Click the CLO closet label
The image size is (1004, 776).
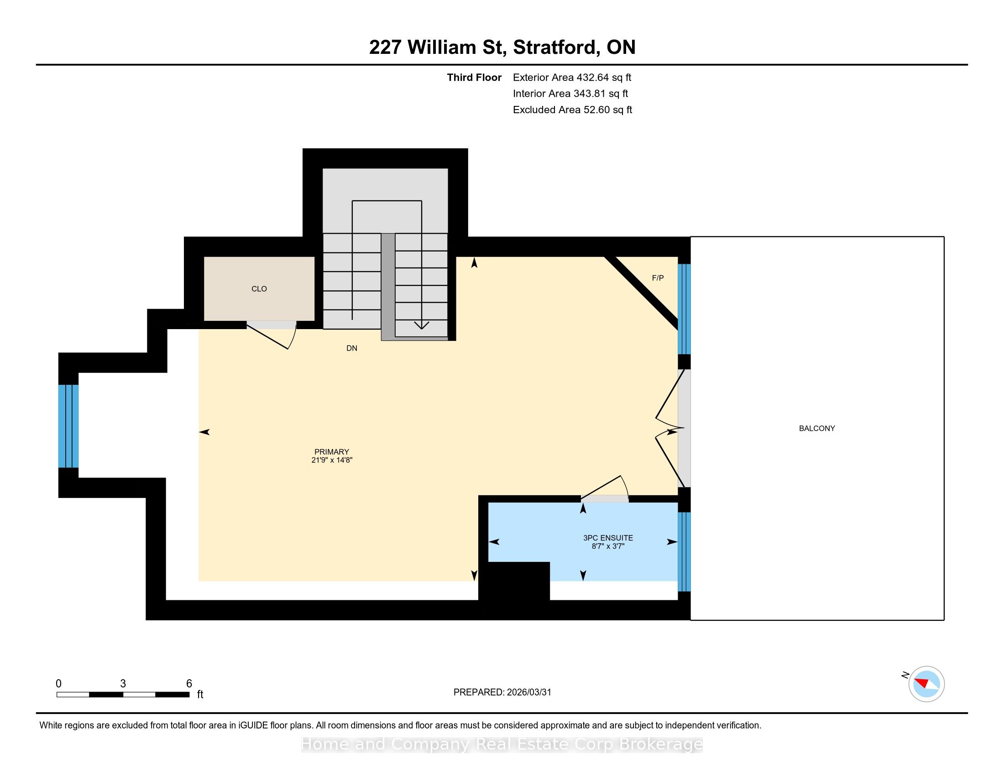click(259, 288)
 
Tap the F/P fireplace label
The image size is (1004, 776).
click(658, 278)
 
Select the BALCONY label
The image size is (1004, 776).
click(817, 428)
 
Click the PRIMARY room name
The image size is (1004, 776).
click(331, 451)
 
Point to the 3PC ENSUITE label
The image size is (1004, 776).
click(608, 537)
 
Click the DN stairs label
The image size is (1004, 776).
click(352, 348)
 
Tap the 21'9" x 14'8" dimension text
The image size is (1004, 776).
click(331, 460)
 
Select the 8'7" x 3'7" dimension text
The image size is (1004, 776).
click(608, 546)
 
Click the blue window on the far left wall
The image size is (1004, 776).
click(68, 426)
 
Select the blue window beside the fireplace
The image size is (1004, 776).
click(684, 309)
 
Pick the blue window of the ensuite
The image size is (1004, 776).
click(684, 552)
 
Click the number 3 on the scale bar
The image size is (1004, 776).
click(123, 684)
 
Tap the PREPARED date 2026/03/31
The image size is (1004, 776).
click(528, 692)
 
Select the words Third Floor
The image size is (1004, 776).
click(474, 77)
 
